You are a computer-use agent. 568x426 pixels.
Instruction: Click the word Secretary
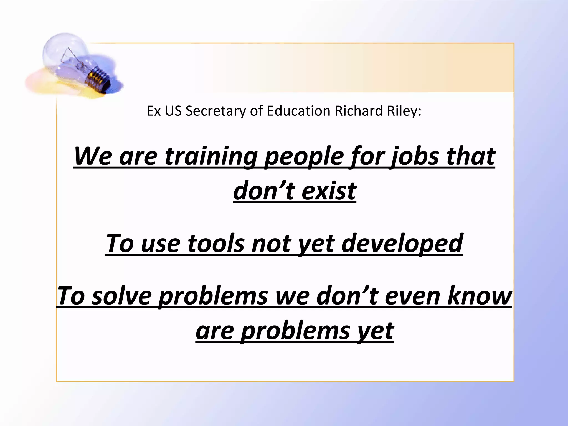215,111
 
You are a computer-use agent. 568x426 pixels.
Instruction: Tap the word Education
298,111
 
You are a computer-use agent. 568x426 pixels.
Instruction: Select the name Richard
359,111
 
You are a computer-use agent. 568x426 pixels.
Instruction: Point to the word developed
402,243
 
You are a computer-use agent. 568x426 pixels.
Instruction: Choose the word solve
122,296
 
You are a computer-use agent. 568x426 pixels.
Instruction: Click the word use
161,243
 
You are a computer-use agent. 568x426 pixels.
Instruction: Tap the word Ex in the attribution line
153,111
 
